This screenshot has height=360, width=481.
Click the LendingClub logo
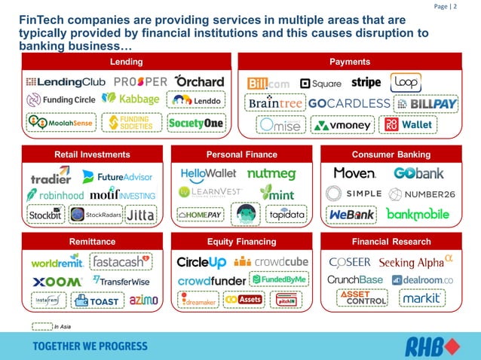coord(66,81)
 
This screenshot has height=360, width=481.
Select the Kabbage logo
coord(130,99)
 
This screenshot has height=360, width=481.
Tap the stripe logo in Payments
coord(366,82)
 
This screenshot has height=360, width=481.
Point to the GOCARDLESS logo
coord(349,103)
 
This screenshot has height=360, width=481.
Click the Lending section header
coord(126,62)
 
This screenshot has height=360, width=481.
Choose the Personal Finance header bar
coord(241,154)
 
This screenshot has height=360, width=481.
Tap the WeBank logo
coord(351,215)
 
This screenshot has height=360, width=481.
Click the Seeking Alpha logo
coord(415,262)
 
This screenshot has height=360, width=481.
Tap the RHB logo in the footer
coord(430,346)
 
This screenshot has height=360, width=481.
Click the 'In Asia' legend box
coord(41,326)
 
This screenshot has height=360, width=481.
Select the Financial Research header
coord(391,242)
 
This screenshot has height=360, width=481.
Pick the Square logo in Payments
coord(320,84)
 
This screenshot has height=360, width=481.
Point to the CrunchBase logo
coord(355,280)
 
